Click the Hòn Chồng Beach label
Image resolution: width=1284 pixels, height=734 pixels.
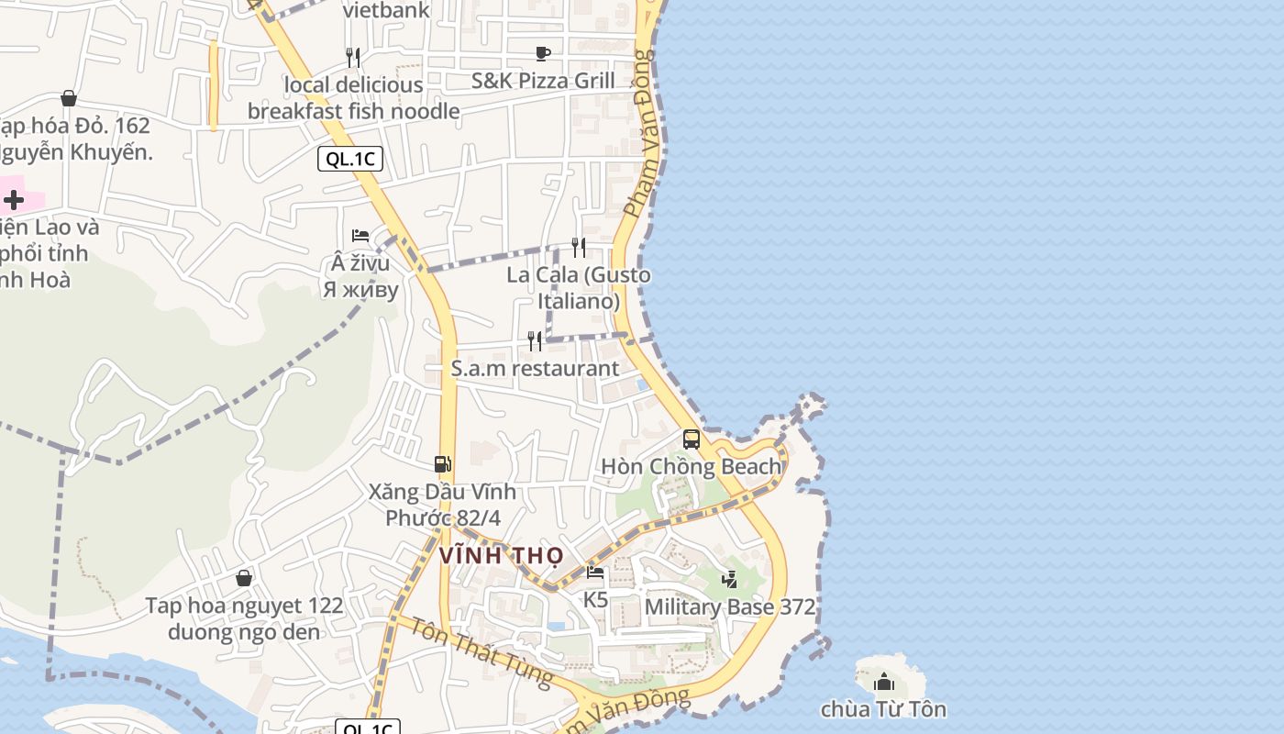coord(691,466)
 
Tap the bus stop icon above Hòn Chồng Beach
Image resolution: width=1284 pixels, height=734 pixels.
coord(692,439)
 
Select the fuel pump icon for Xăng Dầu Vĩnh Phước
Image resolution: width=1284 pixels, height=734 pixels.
coord(443,464)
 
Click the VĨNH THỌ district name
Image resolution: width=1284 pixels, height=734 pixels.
coord(500,556)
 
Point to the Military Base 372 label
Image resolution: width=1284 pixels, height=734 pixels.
coord(729,606)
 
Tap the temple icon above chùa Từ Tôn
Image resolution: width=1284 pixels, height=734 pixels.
coord(883,682)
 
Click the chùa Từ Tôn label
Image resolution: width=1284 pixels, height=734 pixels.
coord(882,709)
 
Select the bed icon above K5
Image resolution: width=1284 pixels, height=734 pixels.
coord(595,573)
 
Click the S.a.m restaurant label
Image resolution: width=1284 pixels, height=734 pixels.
coord(535,368)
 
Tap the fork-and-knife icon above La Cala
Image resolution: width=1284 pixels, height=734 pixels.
coord(579,247)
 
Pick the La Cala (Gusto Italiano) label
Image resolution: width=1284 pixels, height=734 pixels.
coord(579,287)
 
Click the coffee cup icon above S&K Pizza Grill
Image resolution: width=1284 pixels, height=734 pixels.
coord(543,53)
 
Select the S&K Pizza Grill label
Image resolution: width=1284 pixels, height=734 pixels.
coord(543,81)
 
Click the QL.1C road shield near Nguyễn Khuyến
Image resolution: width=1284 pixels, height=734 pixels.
coord(349,159)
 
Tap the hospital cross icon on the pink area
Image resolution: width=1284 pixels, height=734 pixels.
coord(14,199)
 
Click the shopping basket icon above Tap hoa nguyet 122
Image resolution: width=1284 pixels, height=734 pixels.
coord(244,578)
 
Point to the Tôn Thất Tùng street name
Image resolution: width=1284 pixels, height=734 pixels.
coord(480,651)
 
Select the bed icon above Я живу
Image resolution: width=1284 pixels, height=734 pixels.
coord(360,236)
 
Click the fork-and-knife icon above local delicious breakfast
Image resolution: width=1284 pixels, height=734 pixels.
coord(353,57)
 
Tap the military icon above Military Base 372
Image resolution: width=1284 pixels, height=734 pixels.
coord(730,579)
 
